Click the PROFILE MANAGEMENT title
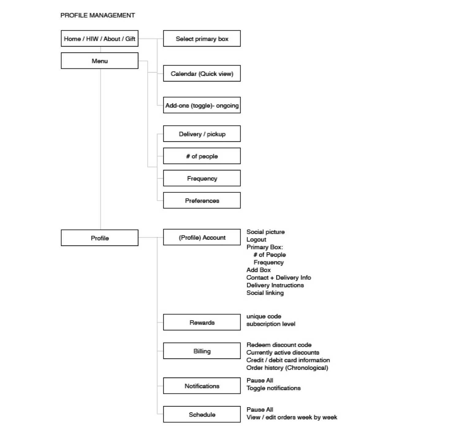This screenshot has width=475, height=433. tap(97, 15)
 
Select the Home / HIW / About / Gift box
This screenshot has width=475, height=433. tap(100, 39)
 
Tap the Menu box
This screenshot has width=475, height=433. tap(100, 61)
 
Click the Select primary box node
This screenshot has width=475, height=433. tap(202, 39)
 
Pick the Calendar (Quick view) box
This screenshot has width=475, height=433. tap(202, 73)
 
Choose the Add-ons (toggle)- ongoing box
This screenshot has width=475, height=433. tap(202, 105)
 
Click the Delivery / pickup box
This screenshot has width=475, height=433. tap(202, 134)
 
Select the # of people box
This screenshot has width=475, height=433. tap(202, 156)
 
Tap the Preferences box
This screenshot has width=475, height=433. tap(202, 201)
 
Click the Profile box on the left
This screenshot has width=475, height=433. tap(100, 238)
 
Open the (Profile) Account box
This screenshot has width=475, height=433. tap(202, 237)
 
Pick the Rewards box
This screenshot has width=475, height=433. tap(202, 322)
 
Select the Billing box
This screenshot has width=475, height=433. tap(202, 351)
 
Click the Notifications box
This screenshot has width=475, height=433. tap(202, 386)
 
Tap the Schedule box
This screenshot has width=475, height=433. tap(202, 414)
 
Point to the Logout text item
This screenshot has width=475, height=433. tap(256, 239)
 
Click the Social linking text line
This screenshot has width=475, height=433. tap(265, 293)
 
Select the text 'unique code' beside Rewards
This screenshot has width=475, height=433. tap(264, 316)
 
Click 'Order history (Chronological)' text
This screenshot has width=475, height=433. tap(287, 367)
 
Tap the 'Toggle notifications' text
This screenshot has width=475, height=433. tap(273, 388)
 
